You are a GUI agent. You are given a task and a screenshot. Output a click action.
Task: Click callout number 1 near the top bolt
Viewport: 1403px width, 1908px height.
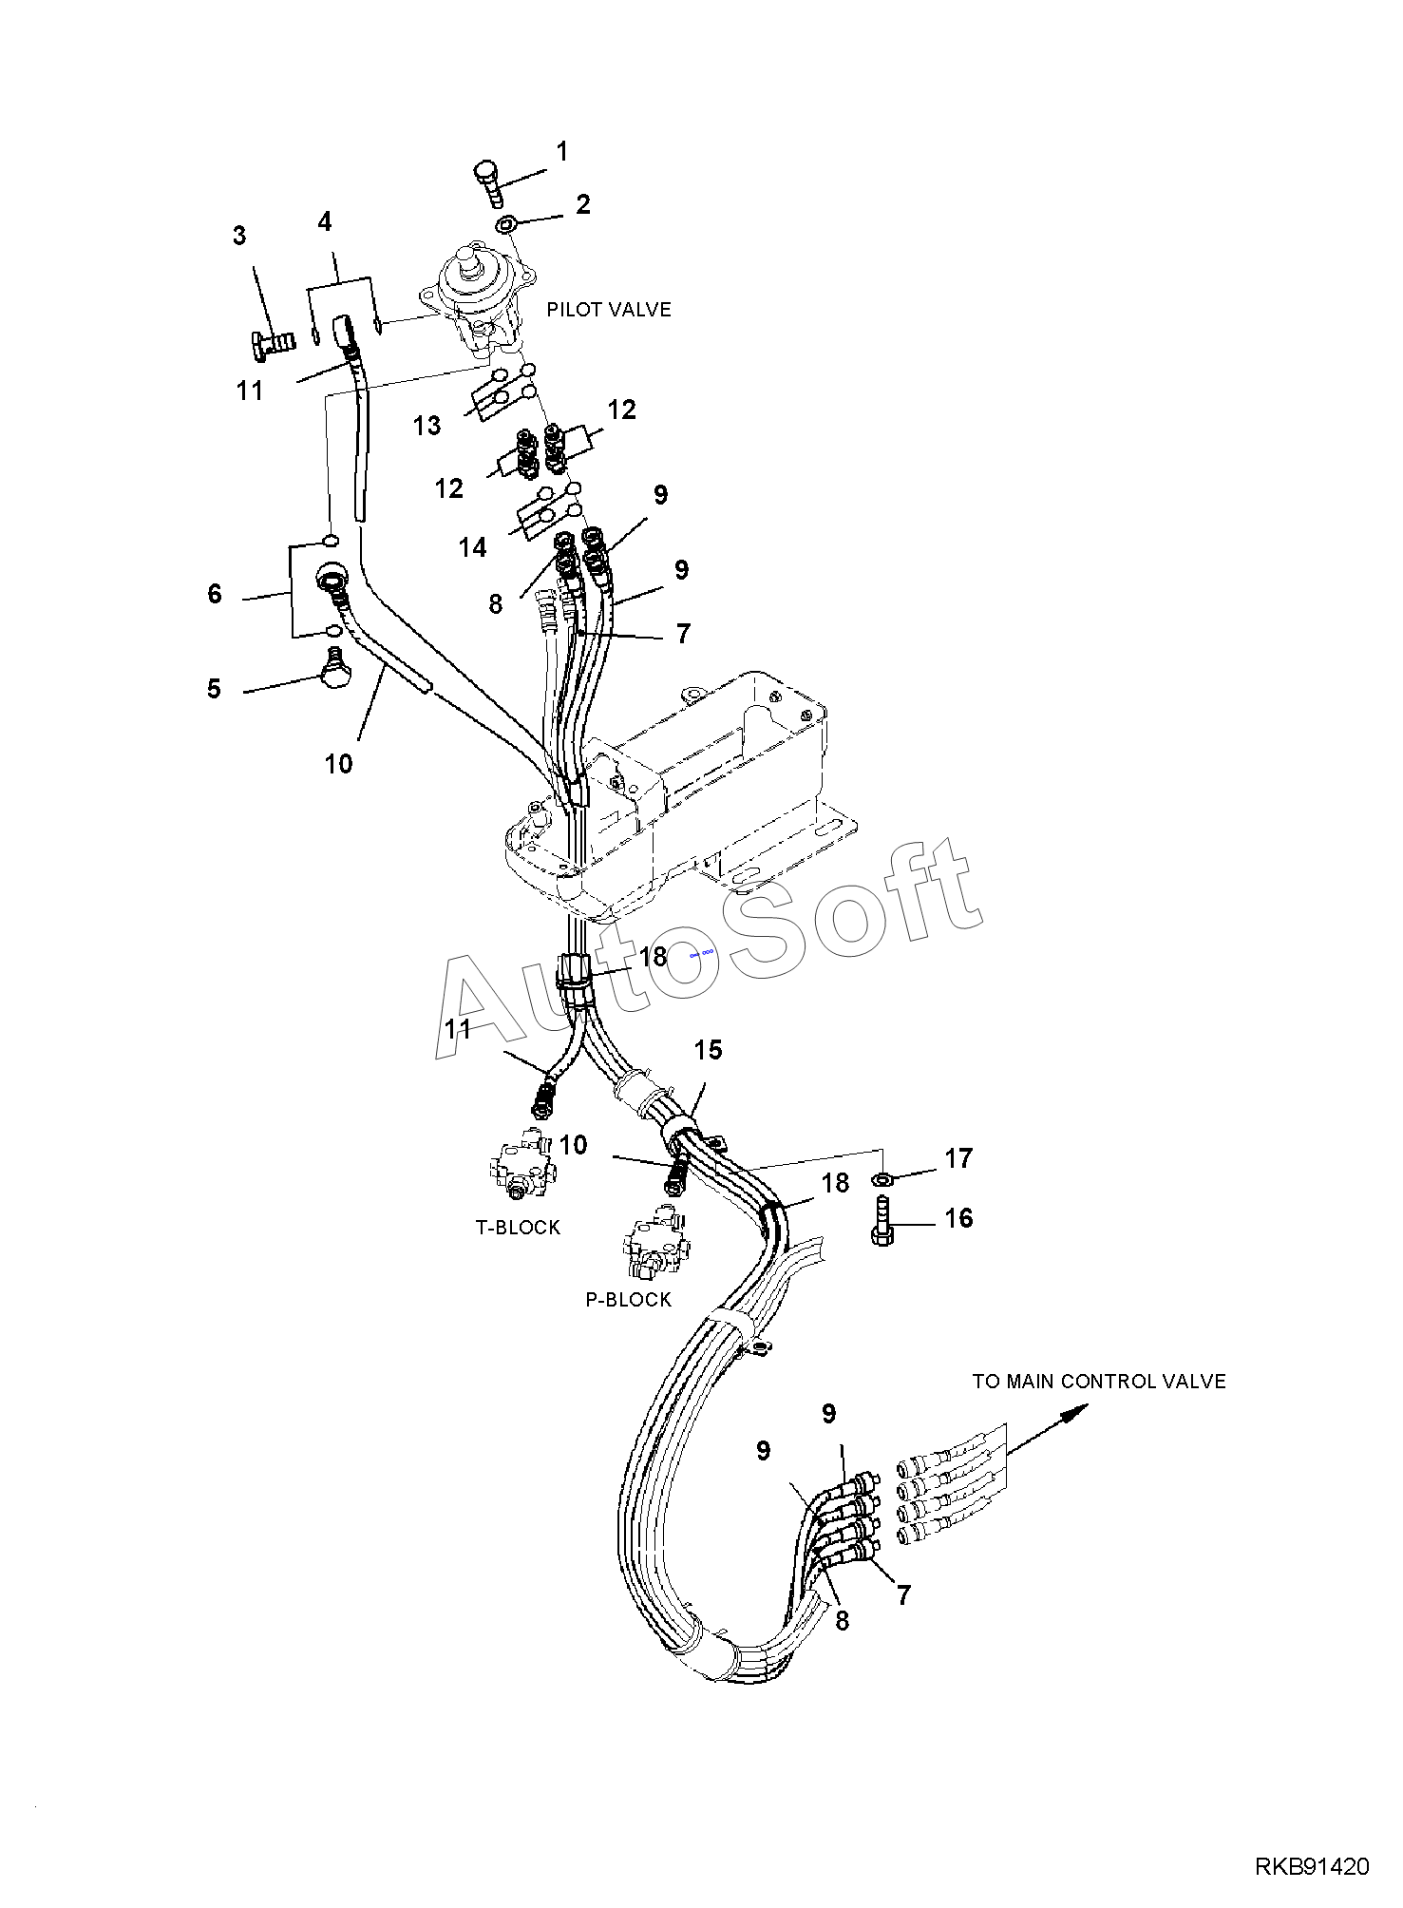(x=562, y=152)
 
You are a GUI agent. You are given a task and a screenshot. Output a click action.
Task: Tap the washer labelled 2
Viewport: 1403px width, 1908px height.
(x=507, y=225)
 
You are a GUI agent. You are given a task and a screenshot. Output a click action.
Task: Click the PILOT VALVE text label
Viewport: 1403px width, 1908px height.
(x=609, y=310)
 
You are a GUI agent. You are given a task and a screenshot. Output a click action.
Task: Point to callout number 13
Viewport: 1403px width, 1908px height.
(x=427, y=425)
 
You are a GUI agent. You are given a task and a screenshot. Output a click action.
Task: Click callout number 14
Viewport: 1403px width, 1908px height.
(x=473, y=547)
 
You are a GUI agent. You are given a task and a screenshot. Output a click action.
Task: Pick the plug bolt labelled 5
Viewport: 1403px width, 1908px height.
(x=334, y=670)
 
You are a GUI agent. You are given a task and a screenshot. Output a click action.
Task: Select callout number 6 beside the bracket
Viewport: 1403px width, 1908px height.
(x=215, y=595)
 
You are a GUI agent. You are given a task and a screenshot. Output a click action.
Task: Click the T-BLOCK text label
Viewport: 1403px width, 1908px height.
(x=519, y=1228)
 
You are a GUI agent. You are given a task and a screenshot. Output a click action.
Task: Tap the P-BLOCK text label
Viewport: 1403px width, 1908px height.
(x=629, y=1300)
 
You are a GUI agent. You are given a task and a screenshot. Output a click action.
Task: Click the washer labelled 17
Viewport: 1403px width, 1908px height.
(x=882, y=1180)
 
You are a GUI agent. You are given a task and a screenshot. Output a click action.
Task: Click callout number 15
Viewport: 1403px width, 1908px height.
(x=709, y=1050)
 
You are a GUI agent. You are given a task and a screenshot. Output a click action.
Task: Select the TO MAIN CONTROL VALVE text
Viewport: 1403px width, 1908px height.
(x=1099, y=1382)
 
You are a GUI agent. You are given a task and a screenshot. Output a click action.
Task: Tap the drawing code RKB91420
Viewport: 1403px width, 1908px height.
(x=1313, y=1867)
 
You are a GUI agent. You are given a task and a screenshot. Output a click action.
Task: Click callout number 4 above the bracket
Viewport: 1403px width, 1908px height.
(x=325, y=222)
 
